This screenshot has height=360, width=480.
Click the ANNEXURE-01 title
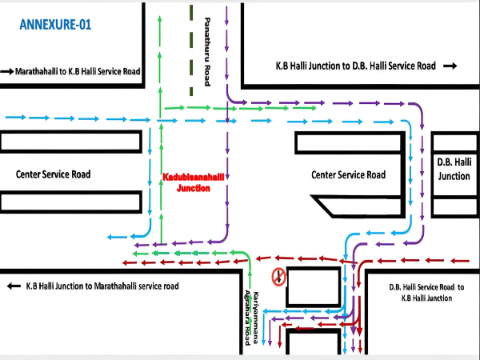pos(54,25)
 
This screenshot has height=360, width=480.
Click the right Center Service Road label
pos(348,175)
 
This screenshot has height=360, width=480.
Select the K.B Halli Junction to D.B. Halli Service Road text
pos(355,66)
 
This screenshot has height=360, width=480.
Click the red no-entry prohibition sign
pos(279,277)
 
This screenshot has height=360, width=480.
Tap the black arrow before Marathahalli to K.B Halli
pos(8,71)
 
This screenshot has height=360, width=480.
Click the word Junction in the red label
pos(186,189)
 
